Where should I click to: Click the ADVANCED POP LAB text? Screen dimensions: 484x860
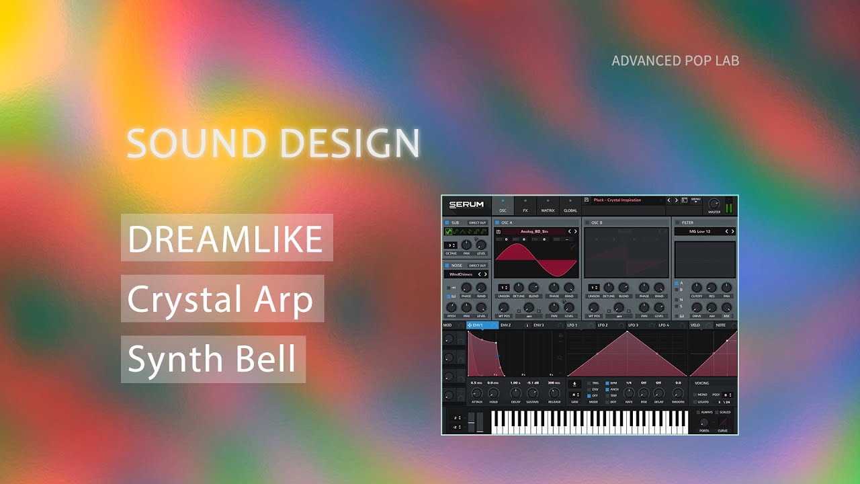(675, 61)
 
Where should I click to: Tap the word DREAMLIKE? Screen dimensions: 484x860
(225, 239)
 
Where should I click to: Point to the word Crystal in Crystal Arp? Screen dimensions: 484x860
(184, 299)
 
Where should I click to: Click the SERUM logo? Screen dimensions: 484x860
(466, 205)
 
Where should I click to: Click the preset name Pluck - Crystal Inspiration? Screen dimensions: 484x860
(617, 200)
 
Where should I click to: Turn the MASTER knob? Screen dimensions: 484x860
(714, 203)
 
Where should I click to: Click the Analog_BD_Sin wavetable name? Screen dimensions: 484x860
(535, 231)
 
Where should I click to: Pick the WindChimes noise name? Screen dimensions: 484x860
(460, 274)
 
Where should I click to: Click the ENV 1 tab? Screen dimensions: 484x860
(478, 325)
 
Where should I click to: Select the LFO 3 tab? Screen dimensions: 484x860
(633, 325)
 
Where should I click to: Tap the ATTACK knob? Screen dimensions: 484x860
(476, 393)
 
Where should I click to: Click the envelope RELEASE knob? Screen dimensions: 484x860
(554, 393)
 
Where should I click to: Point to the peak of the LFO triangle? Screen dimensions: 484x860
(627, 332)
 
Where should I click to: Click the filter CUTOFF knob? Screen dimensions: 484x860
(697, 288)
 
